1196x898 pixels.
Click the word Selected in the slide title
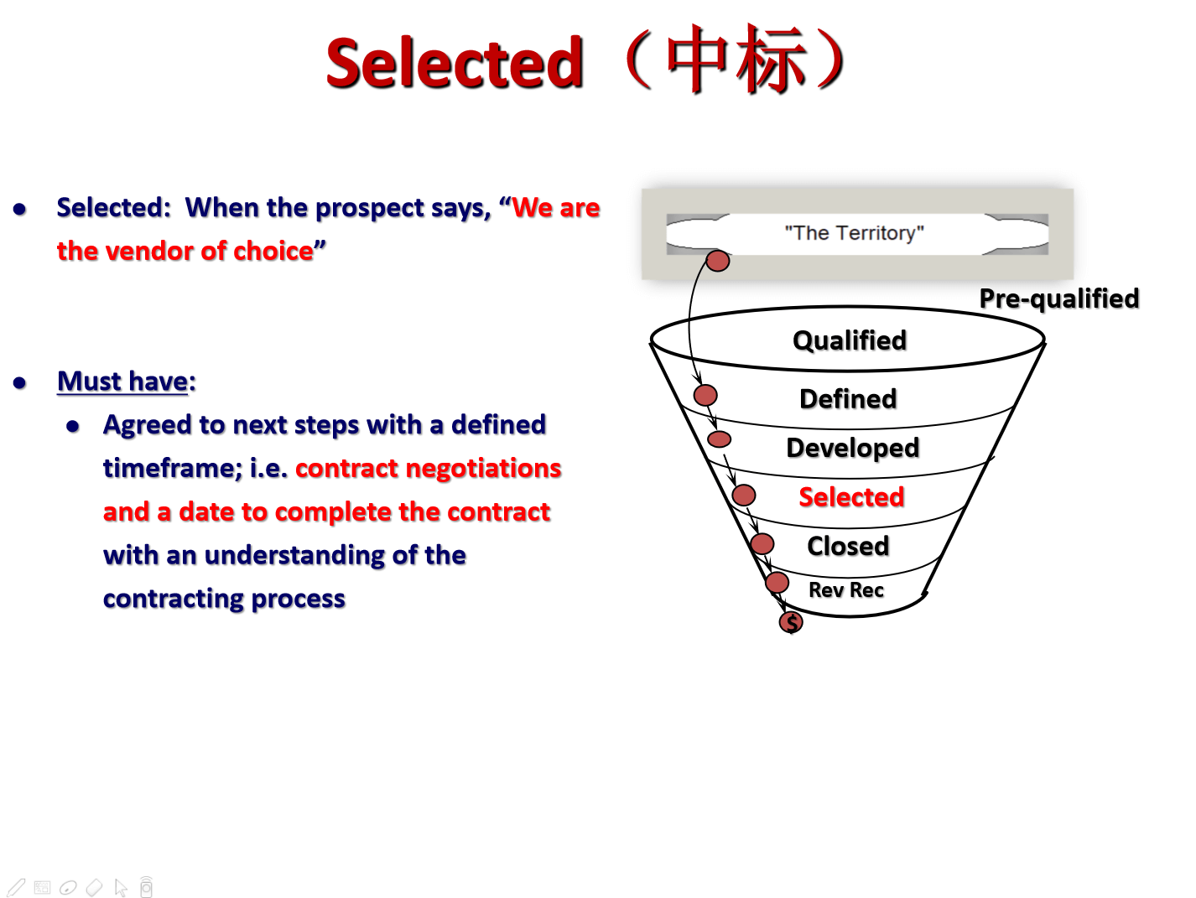(455, 63)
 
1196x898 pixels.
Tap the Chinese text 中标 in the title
(736, 59)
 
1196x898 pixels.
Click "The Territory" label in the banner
(854, 233)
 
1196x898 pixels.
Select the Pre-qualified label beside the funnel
(1059, 299)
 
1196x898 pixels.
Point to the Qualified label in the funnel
(850, 341)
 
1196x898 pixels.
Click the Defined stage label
(848, 398)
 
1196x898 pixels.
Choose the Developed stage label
(853, 449)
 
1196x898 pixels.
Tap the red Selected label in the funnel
(851, 496)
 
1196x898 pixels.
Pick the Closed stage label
(848, 546)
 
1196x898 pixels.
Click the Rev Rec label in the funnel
(845, 589)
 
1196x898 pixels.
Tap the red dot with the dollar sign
(791, 622)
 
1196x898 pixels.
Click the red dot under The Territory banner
(717, 261)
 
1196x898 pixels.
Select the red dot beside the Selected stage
(743, 496)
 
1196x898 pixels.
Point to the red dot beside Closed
(762, 543)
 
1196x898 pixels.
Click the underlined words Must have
(122, 382)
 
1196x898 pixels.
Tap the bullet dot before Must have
(19, 382)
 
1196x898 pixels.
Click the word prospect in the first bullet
(369, 209)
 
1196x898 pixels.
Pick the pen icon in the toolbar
(16, 887)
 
